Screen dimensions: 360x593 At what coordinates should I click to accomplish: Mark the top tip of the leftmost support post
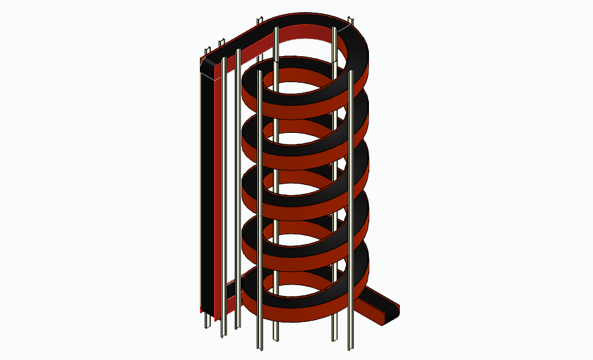(x=206, y=48)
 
